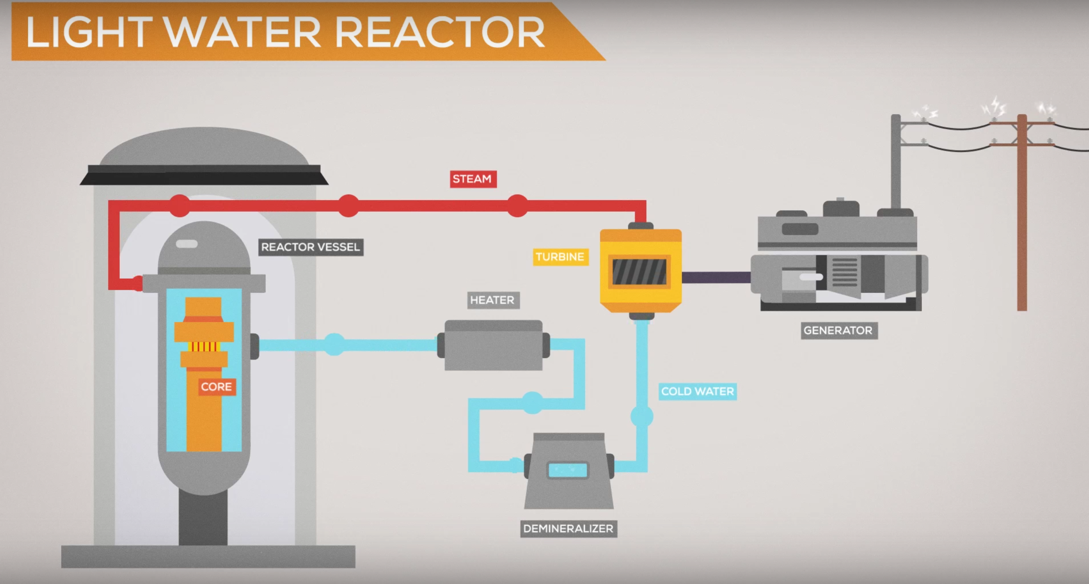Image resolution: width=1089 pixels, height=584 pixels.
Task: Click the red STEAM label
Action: [x=473, y=179]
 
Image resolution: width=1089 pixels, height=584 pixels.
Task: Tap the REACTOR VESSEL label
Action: [x=310, y=247]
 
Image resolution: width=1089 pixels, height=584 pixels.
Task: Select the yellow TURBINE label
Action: [x=560, y=257]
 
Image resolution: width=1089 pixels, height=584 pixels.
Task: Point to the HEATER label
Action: [x=493, y=300]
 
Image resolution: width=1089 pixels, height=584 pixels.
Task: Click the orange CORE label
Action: [x=216, y=387]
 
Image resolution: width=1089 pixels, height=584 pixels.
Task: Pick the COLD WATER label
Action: [x=697, y=392]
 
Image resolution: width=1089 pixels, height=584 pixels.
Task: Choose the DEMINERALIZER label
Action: [x=569, y=529]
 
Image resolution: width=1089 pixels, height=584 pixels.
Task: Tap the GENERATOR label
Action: [x=838, y=331]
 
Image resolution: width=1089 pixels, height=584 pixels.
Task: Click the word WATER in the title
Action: [x=243, y=32]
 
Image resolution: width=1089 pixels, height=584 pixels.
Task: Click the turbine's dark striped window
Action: [x=639, y=272]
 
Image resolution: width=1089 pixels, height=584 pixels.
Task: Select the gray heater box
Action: [x=493, y=345]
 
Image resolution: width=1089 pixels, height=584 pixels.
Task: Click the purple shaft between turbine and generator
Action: [x=716, y=277]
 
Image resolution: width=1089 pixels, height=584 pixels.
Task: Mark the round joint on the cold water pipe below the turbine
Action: [x=642, y=417]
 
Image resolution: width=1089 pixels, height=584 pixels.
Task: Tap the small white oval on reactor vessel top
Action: [x=187, y=244]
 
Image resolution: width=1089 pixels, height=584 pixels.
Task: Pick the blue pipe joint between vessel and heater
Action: [x=334, y=344]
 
